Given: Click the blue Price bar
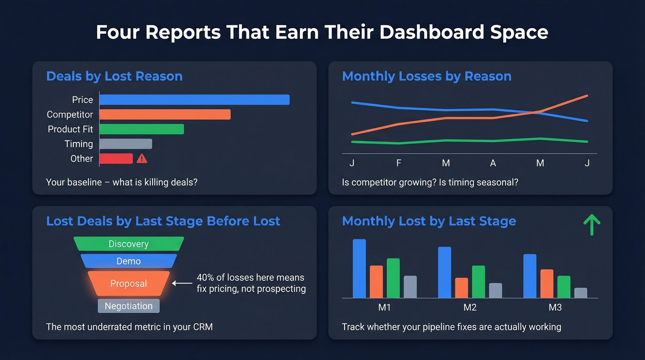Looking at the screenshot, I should [x=194, y=100].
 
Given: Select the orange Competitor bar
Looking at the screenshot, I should [x=164, y=114].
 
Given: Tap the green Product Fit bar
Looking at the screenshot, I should [x=141, y=129].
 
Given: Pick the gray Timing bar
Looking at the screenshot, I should [x=125, y=144].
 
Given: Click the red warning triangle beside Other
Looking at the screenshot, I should [x=142, y=159].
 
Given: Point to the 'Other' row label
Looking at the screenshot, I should [x=82, y=159].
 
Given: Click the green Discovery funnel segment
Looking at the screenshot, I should [x=129, y=244].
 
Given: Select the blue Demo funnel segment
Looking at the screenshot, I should [x=129, y=261].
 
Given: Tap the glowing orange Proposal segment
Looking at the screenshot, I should [x=129, y=283].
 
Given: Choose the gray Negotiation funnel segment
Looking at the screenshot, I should [x=129, y=306].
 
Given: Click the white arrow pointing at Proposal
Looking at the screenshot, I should [x=182, y=283].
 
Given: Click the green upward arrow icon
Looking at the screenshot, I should [x=592, y=225].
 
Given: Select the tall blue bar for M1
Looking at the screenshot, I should [x=359, y=268].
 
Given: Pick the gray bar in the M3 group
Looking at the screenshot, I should [x=580, y=293].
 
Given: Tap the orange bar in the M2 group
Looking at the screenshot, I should [x=461, y=288].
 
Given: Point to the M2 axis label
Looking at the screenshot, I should [x=469, y=307].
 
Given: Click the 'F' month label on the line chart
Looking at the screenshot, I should [x=399, y=163].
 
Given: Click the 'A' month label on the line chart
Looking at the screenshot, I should [x=493, y=163].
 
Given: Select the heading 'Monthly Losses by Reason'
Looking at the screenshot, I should [x=427, y=76].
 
